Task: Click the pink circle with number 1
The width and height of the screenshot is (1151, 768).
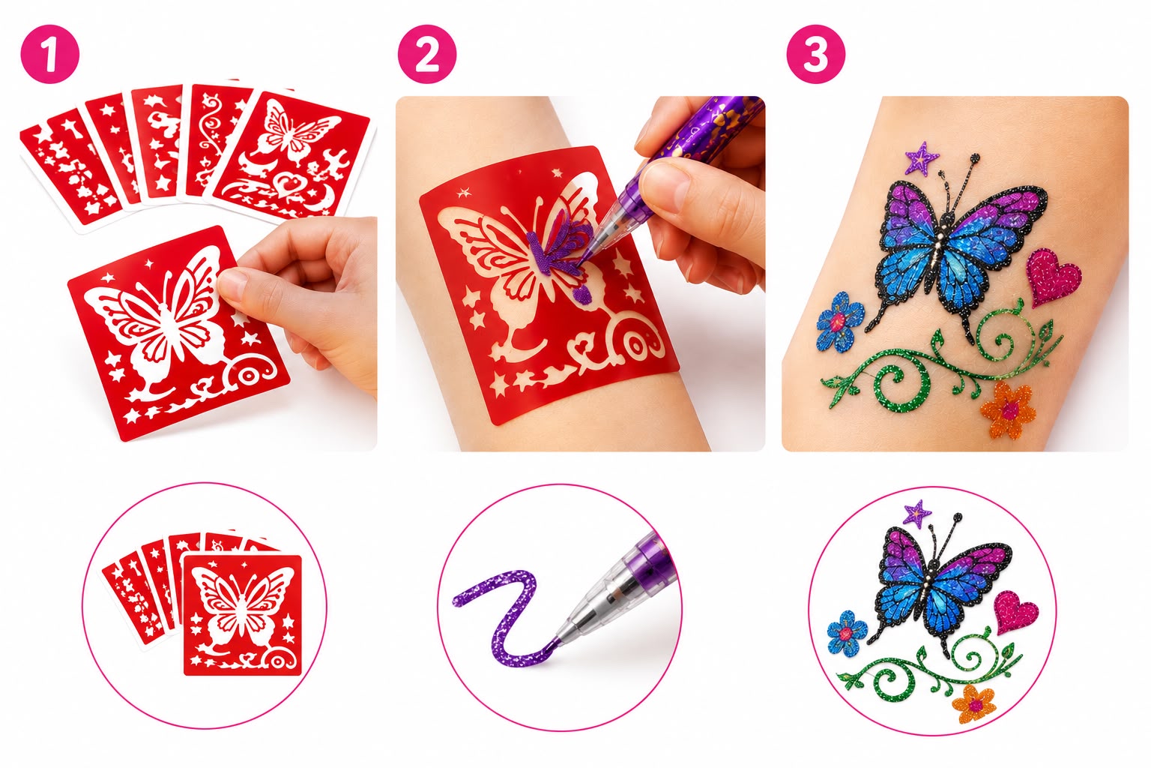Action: [x=50, y=54]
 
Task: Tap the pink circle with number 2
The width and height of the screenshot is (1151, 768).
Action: [x=427, y=54]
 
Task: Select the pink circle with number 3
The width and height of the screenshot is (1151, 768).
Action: [x=816, y=54]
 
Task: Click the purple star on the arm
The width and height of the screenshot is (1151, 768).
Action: [x=921, y=158]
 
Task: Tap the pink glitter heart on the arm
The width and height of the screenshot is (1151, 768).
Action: [x=1052, y=277]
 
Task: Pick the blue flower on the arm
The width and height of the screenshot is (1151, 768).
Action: [x=840, y=322]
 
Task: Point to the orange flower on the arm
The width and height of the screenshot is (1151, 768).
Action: [x=1008, y=410]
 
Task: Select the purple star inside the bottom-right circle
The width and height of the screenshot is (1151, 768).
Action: [x=917, y=514]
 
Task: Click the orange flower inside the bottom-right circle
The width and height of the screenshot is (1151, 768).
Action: [x=973, y=703]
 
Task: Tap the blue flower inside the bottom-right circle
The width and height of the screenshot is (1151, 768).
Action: [x=848, y=633]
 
